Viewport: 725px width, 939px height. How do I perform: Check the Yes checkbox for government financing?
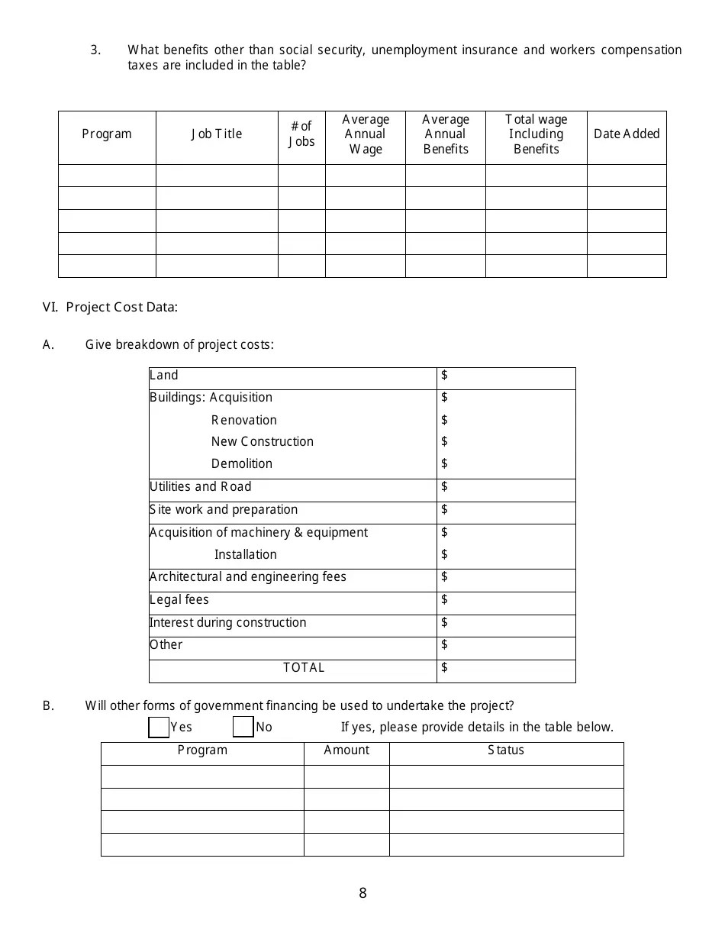click(x=159, y=728)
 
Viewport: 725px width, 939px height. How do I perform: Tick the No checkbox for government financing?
click(x=243, y=728)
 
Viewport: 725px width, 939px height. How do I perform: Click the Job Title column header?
click(x=217, y=134)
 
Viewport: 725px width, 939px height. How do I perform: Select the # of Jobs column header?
click(x=301, y=134)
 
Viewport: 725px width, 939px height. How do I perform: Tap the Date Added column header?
click(x=627, y=134)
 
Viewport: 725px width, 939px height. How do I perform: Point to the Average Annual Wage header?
click(x=366, y=134)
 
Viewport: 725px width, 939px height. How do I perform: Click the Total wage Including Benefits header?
click(x=536, y=134)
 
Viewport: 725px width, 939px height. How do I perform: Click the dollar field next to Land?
click(x=506, y=376)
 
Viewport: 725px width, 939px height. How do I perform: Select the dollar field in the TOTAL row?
click(x=506, y=669)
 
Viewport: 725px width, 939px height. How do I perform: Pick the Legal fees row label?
click(x=179, y=600)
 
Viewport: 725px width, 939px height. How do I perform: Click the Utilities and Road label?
click(x=201, y=487)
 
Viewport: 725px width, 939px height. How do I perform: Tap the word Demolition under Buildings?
click(x=242, y=464)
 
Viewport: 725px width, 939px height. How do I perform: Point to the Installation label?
click(x=246, y=555)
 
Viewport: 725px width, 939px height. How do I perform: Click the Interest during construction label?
click(x=228, y=623)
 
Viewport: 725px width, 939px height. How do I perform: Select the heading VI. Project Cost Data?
click(x=111, y=308)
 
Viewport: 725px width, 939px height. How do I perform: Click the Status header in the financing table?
click(x=506, y=750)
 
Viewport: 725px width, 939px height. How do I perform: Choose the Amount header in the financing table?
click(x=346, y=750)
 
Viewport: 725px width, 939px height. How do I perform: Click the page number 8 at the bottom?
click(x=362, y=893)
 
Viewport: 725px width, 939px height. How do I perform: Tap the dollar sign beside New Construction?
click(x=445, y=442)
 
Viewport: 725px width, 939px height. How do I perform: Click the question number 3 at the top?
click(x=95, y=50)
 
